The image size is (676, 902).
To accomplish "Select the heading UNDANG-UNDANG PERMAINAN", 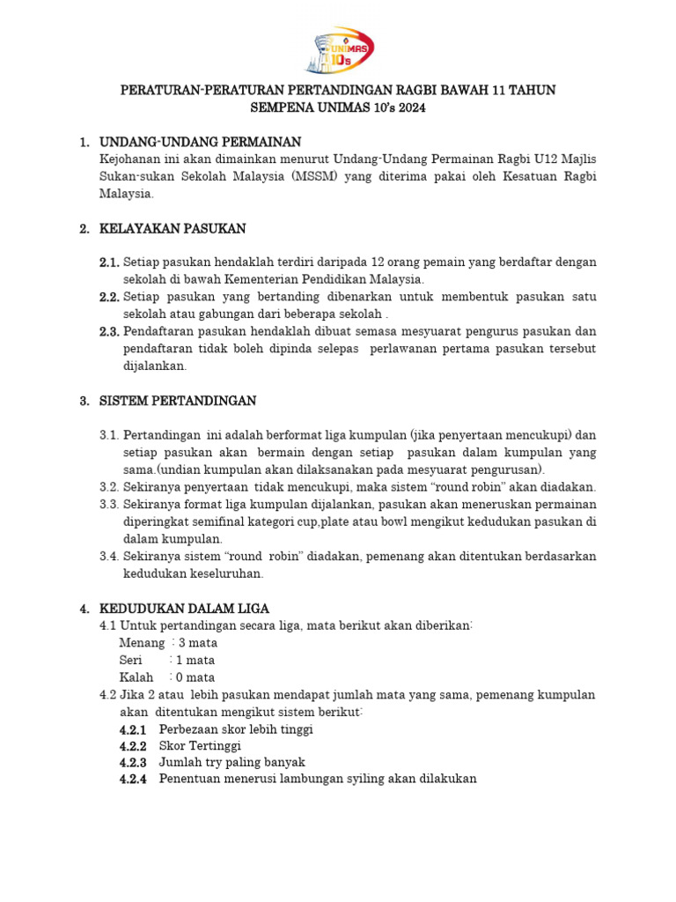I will tap(201, 142).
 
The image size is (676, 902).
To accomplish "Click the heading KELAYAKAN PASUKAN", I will tap(173, 228).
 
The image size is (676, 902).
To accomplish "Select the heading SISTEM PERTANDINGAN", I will tap(178, 401).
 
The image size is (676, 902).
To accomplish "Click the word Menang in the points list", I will tap(142, 643).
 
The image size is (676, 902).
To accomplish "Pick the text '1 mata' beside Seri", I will tap(195, 661).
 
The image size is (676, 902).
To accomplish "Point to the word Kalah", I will tap(136, 677).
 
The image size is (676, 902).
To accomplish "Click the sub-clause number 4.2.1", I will tap(133, 729).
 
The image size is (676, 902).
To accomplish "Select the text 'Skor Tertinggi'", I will tap(200, 746).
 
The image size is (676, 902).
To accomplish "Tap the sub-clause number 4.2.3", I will tap(133, 763).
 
